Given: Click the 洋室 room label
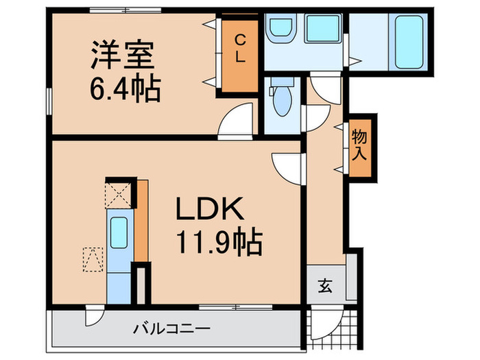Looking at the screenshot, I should (x=123, y=56).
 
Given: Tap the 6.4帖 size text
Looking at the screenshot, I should (x=123, y=88).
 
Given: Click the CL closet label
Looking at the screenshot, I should (x=240, y=50).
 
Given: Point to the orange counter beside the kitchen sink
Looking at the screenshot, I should (x=141, y=219).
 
